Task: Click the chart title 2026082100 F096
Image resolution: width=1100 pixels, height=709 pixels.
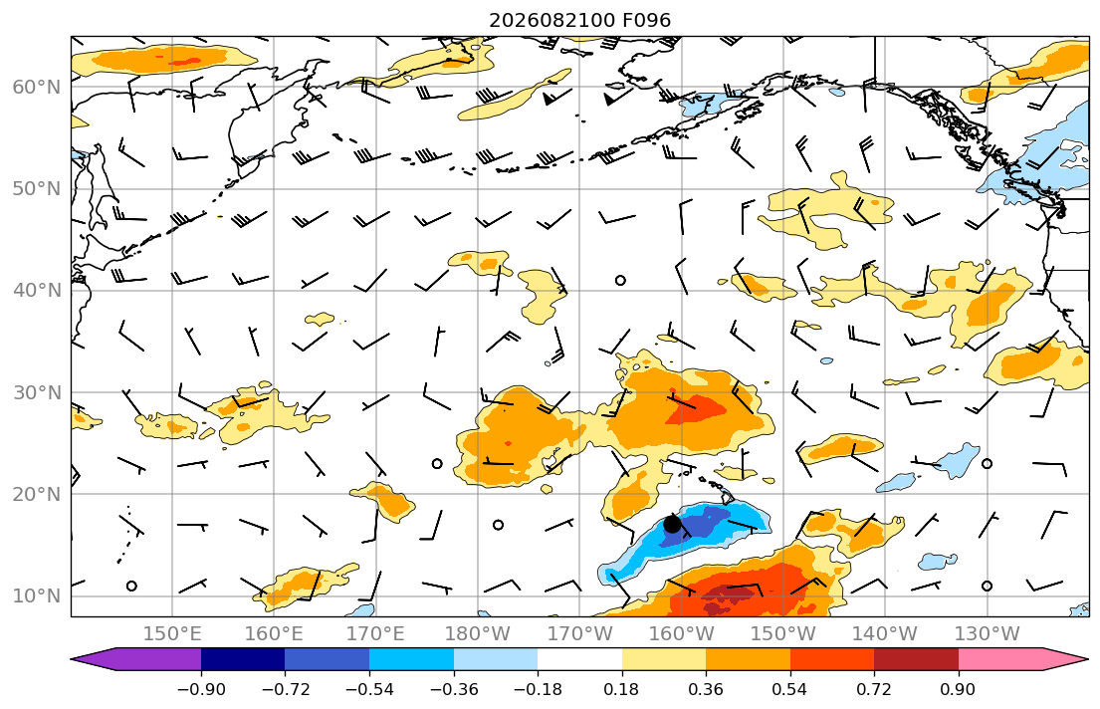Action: coord(579,20)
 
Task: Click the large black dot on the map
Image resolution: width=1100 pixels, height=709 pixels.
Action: coord(672,524)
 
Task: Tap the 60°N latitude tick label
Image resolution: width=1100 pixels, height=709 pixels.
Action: coord(37,87)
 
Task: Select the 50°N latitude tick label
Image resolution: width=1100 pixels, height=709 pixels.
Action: coord(37,189)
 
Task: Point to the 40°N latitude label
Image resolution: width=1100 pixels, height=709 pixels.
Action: coord(37,291)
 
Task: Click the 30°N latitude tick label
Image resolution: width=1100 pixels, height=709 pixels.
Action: coord(37,392)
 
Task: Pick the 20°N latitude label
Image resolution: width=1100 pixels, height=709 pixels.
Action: coord(37,494)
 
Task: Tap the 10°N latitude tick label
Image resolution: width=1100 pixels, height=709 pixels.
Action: coord(37,596)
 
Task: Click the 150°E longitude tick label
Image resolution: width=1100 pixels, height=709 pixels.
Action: coord(172,634)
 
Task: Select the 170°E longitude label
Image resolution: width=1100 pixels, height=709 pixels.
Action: coord(376,634)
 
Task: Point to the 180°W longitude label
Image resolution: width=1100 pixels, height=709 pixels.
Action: coord(478,634)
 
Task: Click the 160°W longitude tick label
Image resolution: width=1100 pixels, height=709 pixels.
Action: coord(681,634)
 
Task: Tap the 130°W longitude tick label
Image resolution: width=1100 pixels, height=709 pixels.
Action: coord(988,634)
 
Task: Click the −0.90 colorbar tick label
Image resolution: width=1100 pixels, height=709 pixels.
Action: coord(201,689)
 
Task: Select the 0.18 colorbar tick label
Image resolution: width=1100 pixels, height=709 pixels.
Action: coord(621,689)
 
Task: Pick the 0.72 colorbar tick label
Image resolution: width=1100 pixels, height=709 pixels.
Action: coord(874,689)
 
